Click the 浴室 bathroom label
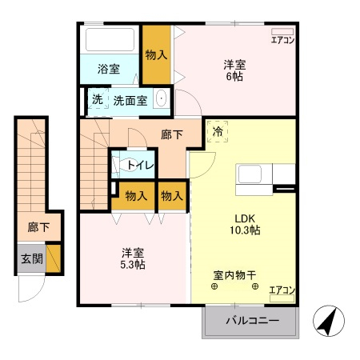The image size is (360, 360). click(109, 69)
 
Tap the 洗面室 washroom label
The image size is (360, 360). click(130, 101)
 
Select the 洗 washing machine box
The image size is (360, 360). click(97, 101)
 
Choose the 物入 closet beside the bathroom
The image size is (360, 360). click(157, 55)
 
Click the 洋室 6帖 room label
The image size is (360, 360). click(234, 70)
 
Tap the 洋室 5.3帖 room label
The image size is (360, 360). click(133, 259)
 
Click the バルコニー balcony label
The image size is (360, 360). click(251, 320)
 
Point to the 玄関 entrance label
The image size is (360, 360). click(31, 258)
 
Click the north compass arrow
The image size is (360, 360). click(326, 321)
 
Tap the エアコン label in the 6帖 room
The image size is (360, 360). click(283, 40)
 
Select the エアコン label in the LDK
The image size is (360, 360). click(282, 290)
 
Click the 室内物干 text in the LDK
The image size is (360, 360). click(234, 275)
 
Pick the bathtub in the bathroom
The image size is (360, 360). click(110, 38)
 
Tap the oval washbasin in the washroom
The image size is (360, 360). click(161, 100)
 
